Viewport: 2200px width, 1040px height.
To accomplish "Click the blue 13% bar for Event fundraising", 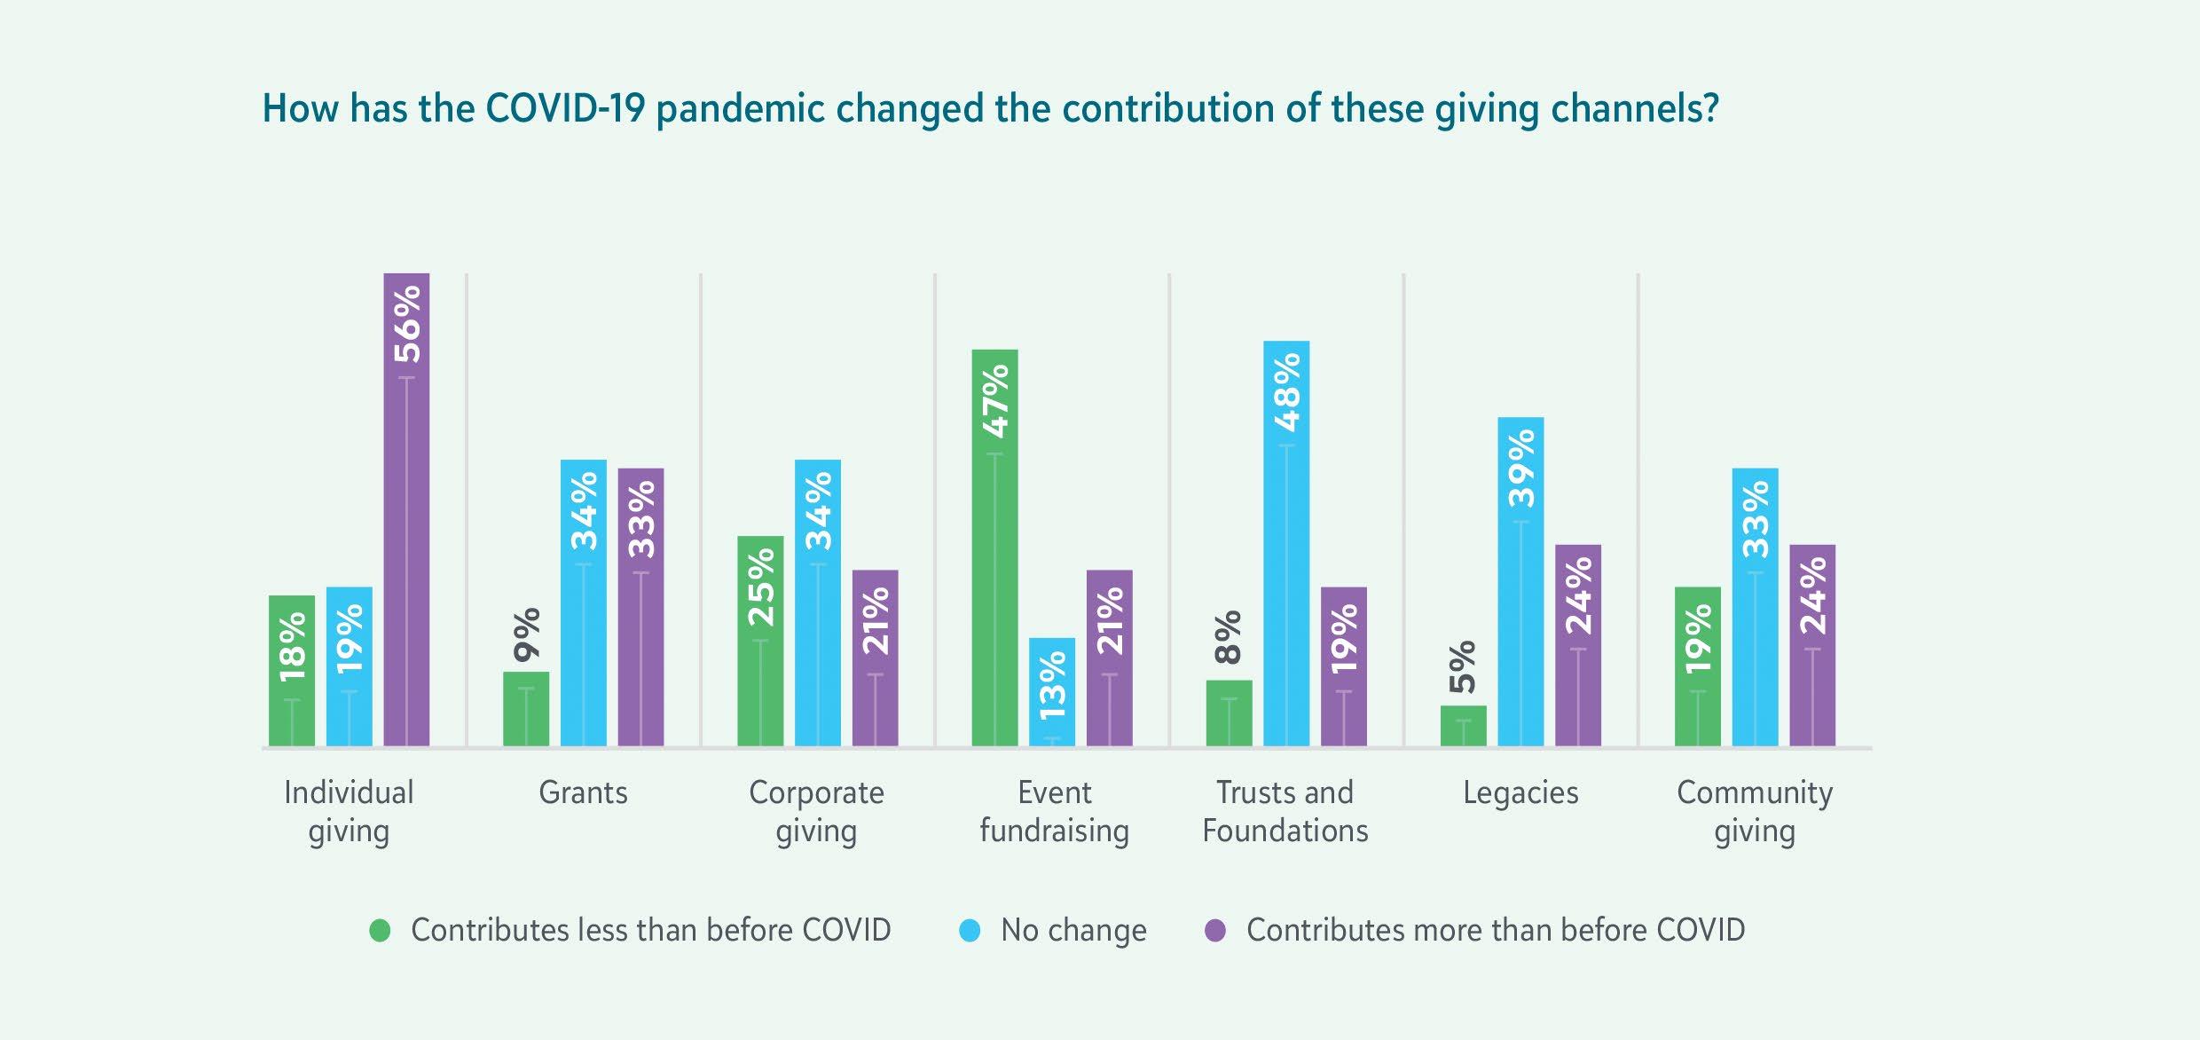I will tap(1052, 692).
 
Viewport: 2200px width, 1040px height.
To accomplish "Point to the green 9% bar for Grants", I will tap(526, 709).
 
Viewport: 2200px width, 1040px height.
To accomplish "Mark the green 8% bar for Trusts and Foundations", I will tap(1230, 713).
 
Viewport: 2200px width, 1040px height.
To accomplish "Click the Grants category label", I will tap(583, 792).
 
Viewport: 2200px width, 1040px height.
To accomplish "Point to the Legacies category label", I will tap(1520, 792).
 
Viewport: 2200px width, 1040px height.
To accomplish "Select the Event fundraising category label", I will tap(1054, 811).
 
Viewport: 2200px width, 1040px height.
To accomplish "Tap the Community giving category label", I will tap(1755, 811).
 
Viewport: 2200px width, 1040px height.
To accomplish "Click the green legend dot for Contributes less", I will tap(380, 931).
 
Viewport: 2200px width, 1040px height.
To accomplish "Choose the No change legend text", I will tap(1073, 930).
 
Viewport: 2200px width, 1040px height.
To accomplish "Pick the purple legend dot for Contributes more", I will tap(1215, 931).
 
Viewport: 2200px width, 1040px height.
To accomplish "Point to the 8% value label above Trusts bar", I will tap(1229, 637).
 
